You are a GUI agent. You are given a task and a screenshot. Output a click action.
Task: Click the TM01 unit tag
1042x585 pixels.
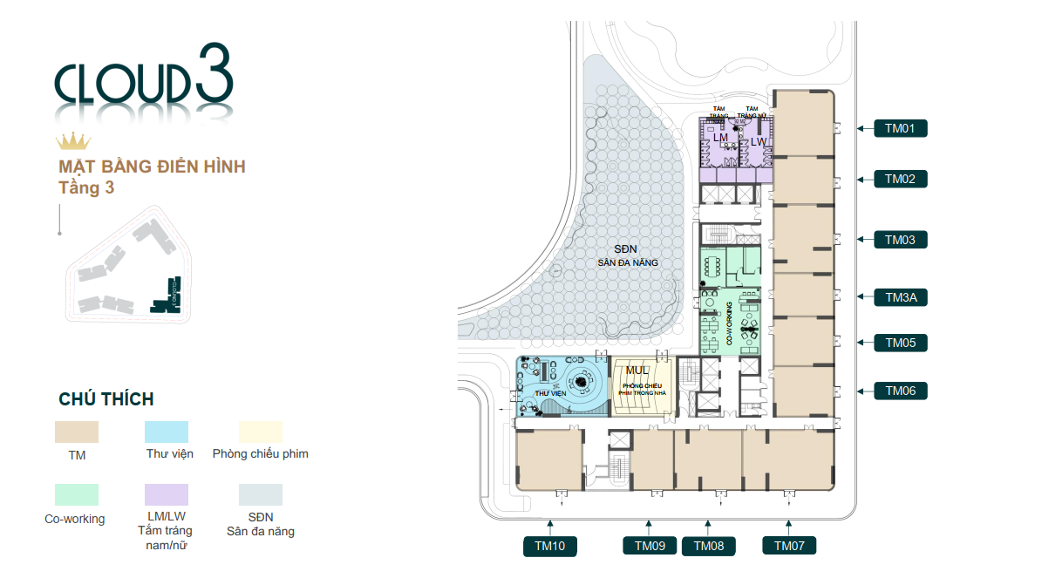[x=900, y=129]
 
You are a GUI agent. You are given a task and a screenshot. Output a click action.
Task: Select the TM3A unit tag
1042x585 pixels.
[x=900, y=297]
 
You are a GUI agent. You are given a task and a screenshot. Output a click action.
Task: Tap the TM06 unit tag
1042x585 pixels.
[x=900, y=391]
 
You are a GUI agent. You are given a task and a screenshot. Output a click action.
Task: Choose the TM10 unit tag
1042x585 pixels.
[x=550, y=547]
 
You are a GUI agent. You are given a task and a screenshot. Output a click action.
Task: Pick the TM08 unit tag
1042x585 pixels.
[x=708, y=547]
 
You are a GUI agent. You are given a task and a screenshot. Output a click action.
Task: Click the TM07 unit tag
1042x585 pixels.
[x=789, y=547]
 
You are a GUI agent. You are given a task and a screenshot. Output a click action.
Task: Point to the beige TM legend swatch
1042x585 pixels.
[x=77, y=432]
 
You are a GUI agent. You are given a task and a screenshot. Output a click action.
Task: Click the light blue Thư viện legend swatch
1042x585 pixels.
[x=166, y=432]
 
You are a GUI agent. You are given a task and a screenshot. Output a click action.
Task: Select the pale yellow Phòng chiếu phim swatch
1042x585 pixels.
[x=260, y=432]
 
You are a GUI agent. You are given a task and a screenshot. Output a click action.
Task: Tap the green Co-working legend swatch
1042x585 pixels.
[x=77, y=495]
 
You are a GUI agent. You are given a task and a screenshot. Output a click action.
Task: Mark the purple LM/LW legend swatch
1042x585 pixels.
[x=166, y=495]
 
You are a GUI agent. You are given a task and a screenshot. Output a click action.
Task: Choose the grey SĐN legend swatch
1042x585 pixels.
[x=260, y=495]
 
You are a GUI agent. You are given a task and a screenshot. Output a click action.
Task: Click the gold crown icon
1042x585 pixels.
[x=73, y=141]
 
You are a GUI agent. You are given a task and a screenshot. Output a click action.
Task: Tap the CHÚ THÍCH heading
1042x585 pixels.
[x=106, y=399]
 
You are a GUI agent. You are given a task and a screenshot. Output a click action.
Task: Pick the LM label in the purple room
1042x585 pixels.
[x=720, y=139]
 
